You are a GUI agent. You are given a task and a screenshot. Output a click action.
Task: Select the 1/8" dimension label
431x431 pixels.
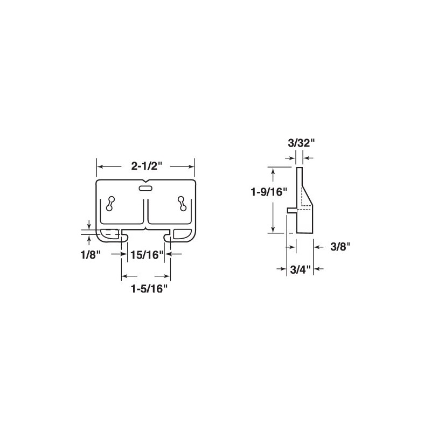coord(89,255)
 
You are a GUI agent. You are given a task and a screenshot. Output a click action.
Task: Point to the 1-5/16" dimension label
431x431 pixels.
coord(149,289)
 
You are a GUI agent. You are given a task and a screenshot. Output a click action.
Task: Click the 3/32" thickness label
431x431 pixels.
coord(301,143)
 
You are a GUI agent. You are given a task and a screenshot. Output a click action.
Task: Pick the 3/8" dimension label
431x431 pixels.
coord(341,247)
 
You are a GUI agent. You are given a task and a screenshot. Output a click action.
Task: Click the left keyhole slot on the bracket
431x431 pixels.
coord(110,204)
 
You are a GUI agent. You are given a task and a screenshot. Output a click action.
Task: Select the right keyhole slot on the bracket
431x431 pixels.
coord(182,204)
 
